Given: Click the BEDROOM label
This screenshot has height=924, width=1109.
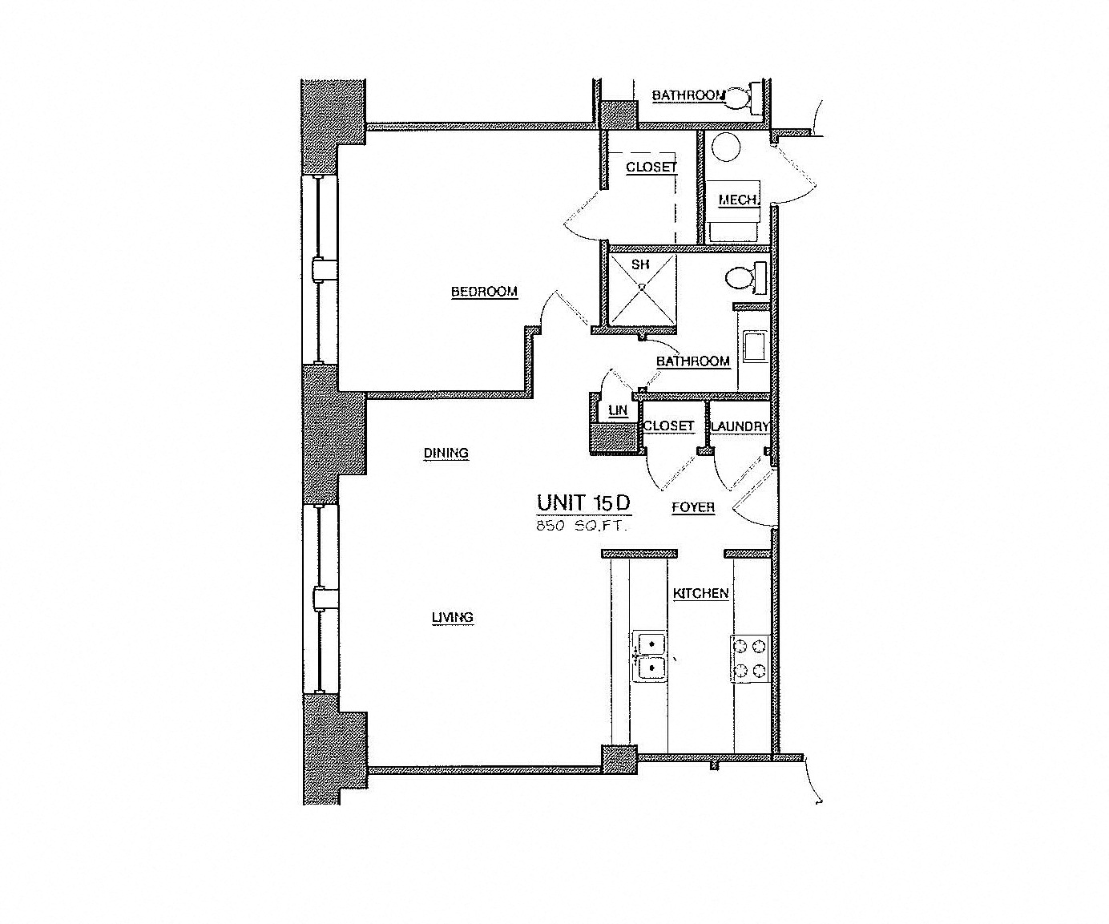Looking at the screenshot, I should coord(484,292).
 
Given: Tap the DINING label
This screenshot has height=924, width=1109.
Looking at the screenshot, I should coord(446,454).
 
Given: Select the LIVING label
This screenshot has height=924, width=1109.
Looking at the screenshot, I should coord(453,618).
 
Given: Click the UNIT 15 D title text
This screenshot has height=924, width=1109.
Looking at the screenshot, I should coord(584,502).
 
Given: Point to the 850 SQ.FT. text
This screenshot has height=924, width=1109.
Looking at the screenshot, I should coord(582,527).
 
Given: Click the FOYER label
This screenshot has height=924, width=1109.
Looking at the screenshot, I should coord(692,507).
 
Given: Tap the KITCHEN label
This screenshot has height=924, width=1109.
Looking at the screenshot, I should coord(700,594).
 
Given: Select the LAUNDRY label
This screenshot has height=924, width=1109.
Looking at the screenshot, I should coord(740,426).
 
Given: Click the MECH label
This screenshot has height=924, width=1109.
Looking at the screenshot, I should coord(737,200).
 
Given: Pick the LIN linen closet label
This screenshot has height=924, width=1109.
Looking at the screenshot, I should coord(617,410).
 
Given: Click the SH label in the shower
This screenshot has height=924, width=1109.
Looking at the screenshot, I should coord(639,264).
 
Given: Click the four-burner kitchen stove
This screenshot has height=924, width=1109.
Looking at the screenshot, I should coord(749,657).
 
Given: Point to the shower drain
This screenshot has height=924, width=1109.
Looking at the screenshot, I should coord(642,285).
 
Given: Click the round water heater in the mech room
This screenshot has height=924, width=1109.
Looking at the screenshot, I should coord(726,147).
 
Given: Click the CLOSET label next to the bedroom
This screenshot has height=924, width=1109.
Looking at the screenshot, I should coord(651,167).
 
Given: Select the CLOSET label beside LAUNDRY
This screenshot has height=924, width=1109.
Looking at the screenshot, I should coord(668,426).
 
